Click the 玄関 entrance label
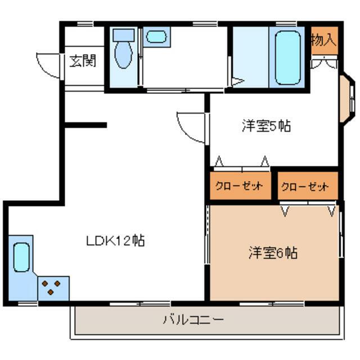tap(83, 61)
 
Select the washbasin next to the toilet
tap(156, 37)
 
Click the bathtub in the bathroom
tap(288, 58)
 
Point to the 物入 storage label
tap(324, 40)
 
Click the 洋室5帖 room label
tap(266, 126)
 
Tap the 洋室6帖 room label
tap(273, 253)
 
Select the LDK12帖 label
tap(115, 241)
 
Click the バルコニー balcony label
tap(193, 319)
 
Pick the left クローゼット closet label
tap(239, 186)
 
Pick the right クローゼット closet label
tap(305, 187)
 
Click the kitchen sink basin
tap(21, 258)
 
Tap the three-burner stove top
tap(53, 289)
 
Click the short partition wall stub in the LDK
tap(85, 125)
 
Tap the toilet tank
tap(124, 35)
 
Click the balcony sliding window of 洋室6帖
tap(272, 304)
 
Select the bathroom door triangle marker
tap(238, 81)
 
